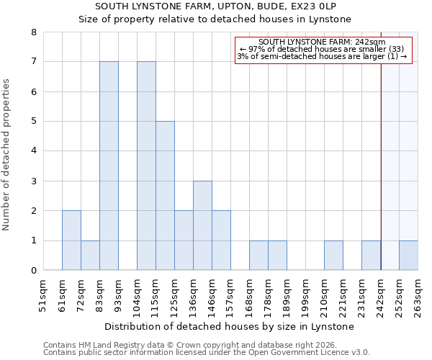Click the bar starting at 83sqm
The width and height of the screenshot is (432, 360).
tap(109, 166)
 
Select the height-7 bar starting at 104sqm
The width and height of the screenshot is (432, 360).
tap(146, 166)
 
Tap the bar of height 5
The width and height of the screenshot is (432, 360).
tap(165, 196)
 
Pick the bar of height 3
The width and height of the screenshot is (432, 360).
tap(202, 225)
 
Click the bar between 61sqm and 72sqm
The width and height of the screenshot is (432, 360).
tap(71, 240)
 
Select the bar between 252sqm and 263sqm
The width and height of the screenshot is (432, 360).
tap(408, 256)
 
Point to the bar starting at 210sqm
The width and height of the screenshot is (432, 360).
tap(333, 256)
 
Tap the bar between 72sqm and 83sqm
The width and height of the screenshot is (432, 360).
tap(90, 256)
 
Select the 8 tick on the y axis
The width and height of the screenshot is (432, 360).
tap(33, 32)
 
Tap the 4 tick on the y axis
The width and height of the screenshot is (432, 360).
tap(33, 151)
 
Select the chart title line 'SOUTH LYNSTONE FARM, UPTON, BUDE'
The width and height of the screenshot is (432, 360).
tap(215, 6)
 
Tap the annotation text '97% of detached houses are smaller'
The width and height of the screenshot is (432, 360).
tap(323, 49)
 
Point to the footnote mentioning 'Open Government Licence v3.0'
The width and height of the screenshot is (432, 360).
tap(207, 353)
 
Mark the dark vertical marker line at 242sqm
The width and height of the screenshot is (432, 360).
tap(381, 166)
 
